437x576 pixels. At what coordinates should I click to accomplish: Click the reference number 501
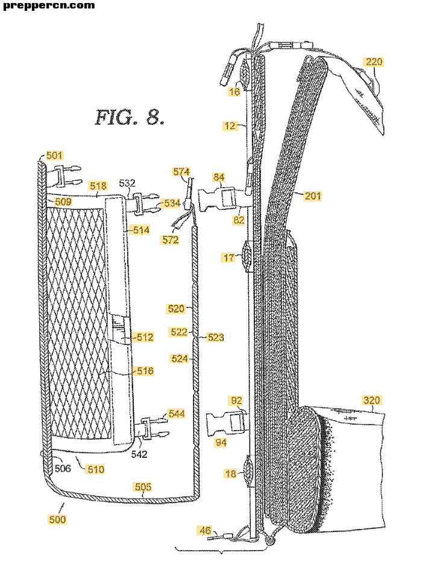(55, 156)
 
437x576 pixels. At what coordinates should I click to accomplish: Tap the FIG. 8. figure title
(130, 117)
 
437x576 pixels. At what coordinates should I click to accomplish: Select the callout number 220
(374, 62)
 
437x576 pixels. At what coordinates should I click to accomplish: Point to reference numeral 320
(372, 400)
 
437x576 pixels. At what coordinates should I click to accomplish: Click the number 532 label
(127, 183)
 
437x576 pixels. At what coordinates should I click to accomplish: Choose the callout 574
(181, 171)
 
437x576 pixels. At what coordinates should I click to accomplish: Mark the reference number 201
(312, 196)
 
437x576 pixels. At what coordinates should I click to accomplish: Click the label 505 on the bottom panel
(143, 487)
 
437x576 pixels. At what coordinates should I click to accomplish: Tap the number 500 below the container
(57, 519)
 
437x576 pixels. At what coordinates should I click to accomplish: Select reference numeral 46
(206, 530)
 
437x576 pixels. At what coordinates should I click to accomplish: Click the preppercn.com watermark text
(48, 5)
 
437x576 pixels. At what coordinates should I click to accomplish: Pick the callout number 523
(215, 337)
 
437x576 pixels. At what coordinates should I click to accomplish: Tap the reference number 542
(139, 454)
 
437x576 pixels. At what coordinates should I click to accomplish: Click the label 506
(63, 468)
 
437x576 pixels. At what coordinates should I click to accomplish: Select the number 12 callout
(230, 126)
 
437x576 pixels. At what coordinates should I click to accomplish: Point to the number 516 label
(145, 371)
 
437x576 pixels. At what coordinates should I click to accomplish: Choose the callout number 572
(171, 240)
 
